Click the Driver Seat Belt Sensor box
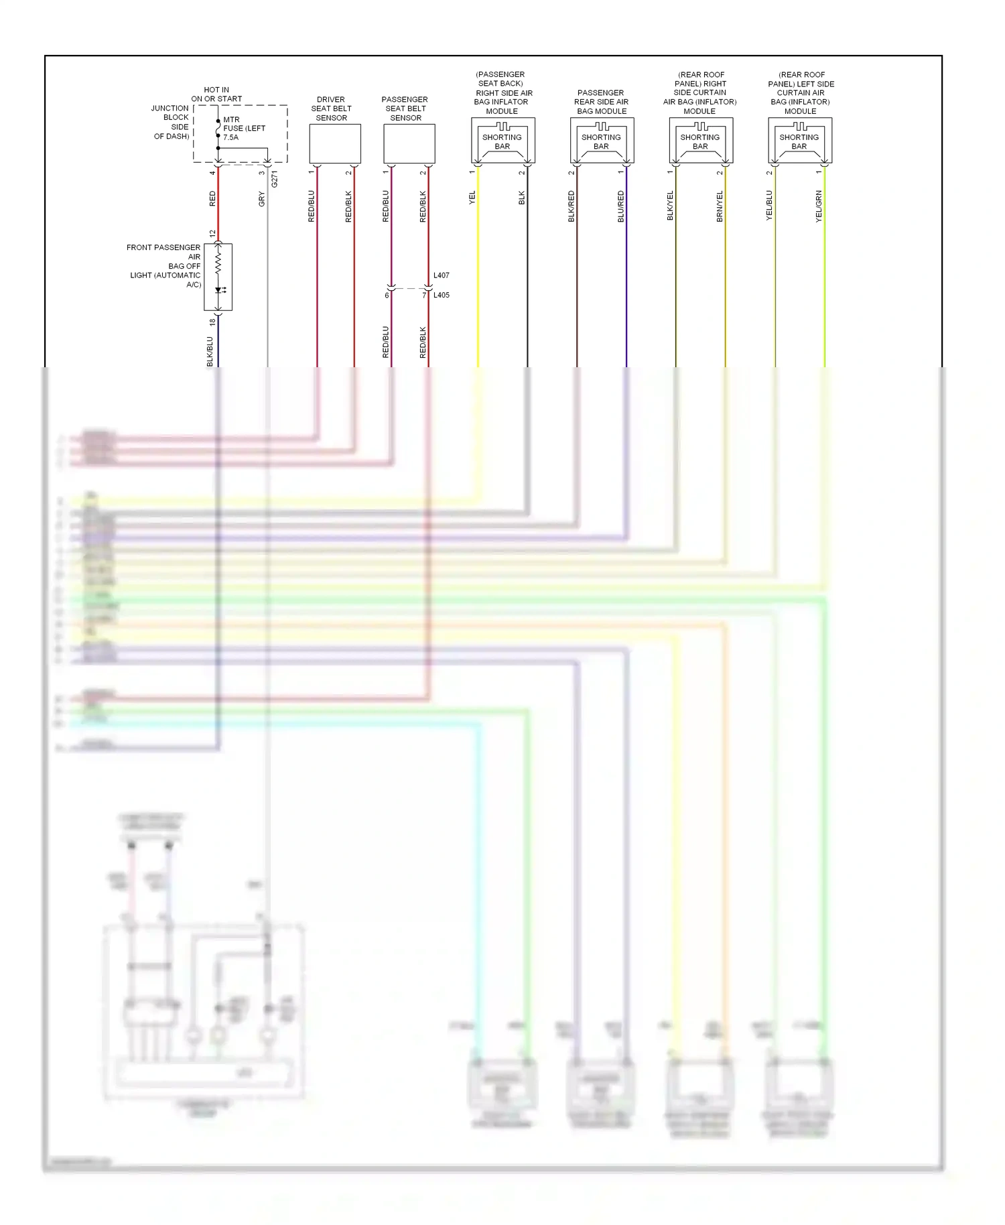click(334, 143)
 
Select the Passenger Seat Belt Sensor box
click(409, 143)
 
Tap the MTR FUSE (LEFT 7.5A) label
click(243, 129)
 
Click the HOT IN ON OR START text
click(216, 94)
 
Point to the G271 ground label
click(275, 179)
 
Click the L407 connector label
click(441, 275)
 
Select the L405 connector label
click(441, 295)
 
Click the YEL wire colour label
click(472, 198)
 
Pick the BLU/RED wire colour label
click(621, 206)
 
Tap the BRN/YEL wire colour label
click(720, 206)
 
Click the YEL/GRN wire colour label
click(819, 206)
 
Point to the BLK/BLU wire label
click(210, 351)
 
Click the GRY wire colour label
click(262, 199)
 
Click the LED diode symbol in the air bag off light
click(219, 290)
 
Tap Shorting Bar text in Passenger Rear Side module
click(601, 141)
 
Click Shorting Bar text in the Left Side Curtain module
click(799, 141)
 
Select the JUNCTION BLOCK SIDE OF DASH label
click(172, 122)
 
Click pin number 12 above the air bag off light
click(212, 234)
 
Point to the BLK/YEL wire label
click(670, 206)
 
